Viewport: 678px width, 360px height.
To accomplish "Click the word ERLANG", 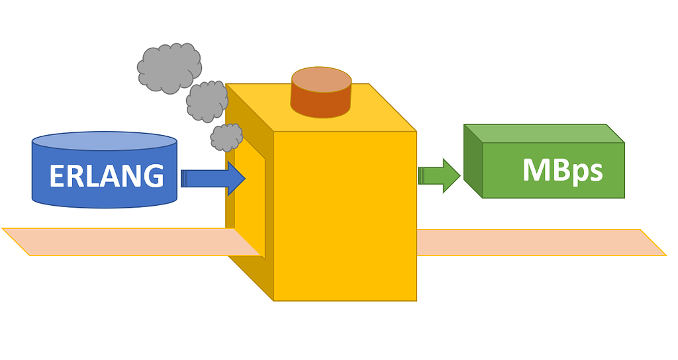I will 106,176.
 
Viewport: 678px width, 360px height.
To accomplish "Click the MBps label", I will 562,171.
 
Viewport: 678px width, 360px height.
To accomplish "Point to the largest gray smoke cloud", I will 169,67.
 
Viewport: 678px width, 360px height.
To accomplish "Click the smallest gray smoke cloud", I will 226,137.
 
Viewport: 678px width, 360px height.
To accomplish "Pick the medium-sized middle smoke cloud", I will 207,101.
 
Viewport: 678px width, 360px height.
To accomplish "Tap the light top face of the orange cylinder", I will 321,79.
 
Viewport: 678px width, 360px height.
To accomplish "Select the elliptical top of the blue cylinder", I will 105,140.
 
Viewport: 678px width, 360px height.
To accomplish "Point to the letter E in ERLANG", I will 58,176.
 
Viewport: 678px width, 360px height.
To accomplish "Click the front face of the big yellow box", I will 344,218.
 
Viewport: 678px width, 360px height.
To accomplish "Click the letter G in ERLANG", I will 153,176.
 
